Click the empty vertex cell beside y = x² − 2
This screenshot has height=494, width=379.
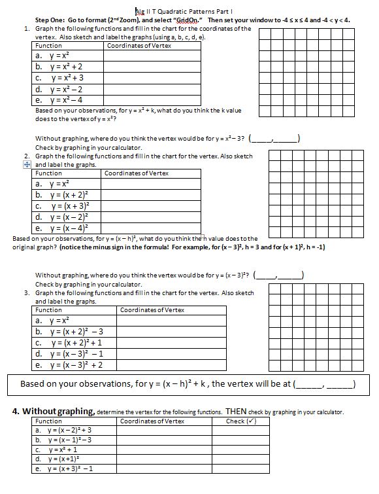pos(151,89)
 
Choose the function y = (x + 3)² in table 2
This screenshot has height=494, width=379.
pos(63,205)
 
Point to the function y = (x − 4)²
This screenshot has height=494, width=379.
pos(63,228)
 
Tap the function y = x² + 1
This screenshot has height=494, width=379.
pos(59,450)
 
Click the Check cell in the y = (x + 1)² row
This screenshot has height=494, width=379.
pos(244,459)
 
